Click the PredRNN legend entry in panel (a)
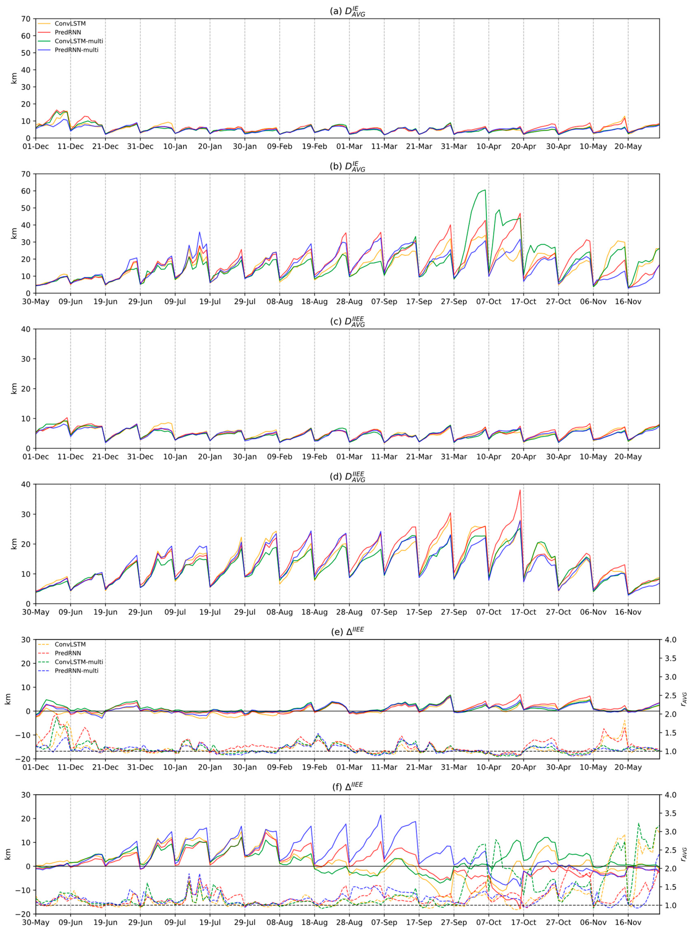68,32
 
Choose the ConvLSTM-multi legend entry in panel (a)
79,41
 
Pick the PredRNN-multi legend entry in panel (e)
77,671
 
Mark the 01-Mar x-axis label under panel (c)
349,457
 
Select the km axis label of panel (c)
14,388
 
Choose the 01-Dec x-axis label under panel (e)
36,767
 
